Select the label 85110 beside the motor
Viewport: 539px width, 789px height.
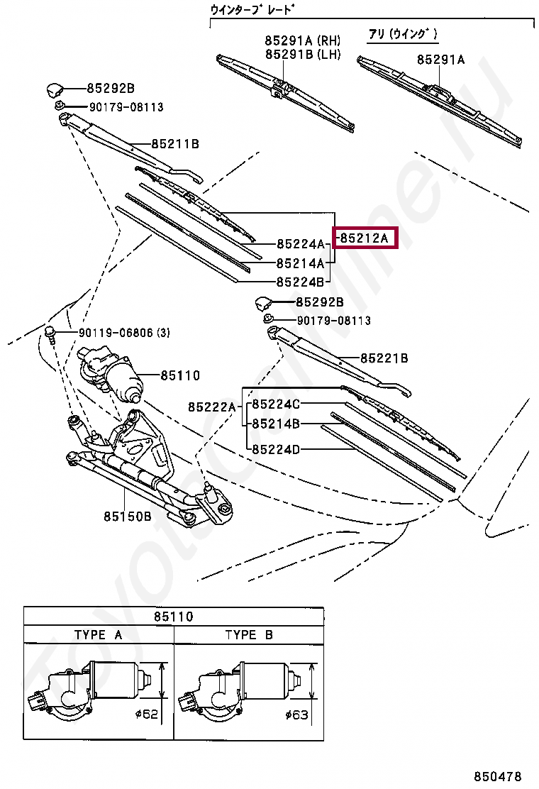pos(179,376)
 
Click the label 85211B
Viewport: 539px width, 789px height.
pos(174,144)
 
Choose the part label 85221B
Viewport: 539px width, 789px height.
pos(384,359)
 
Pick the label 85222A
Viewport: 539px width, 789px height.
pos(211,407)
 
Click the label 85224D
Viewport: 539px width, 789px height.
pos(277,449)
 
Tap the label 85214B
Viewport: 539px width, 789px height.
pos(277,424)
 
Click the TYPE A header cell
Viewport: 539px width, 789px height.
pos(99,635)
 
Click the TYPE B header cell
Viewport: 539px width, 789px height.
pos(249,635)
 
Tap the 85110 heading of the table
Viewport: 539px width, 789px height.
pos(174,617)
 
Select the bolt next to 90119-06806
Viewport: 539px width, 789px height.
pos(52,333)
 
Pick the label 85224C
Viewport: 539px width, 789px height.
pos(277,404)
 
